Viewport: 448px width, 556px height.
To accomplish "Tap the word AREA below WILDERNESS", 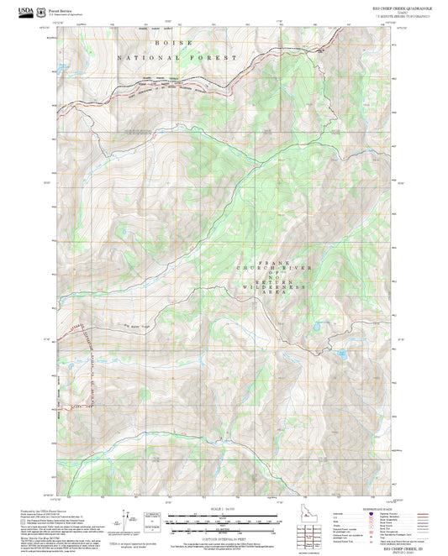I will [274, 293].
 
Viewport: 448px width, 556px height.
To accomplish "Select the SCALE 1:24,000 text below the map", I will [224, 507].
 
